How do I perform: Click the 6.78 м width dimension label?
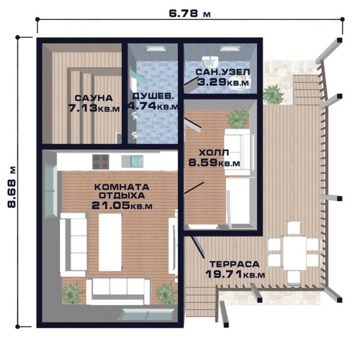189,13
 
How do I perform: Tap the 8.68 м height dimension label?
12,187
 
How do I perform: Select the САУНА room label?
94,98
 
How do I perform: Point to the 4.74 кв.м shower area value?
153,106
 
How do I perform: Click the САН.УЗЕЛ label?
223,72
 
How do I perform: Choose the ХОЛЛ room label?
214,152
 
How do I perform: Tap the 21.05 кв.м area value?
122,205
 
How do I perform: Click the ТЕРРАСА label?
234,264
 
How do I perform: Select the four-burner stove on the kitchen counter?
101,162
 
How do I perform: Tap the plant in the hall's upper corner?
238,119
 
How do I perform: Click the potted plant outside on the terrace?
273,94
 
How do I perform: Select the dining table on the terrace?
295,253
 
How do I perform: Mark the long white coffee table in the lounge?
110,242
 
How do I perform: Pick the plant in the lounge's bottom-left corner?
73,294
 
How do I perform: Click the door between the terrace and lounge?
198,246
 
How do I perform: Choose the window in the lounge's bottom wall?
146,314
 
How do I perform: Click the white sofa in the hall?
238,152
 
